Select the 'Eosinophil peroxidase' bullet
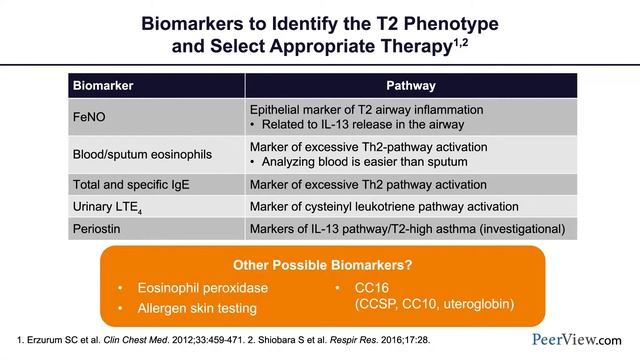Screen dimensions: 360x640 pyautogui.click(x=189, y=288)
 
